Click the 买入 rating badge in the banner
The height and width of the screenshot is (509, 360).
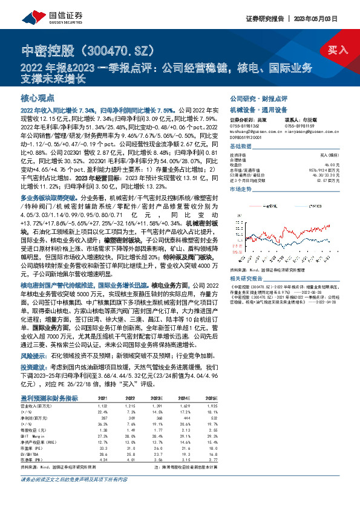(x=338, y=50)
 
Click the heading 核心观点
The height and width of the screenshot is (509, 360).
(x=38, y=97)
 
